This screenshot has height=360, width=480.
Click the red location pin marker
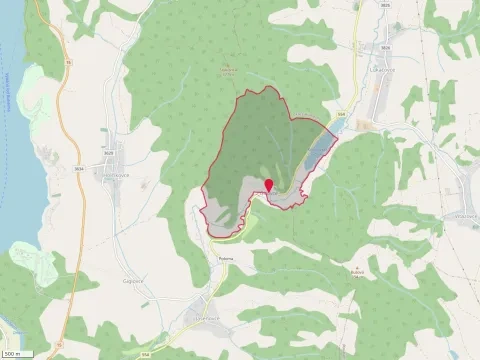point(268,185)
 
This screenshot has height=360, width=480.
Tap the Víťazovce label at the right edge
point(464,214)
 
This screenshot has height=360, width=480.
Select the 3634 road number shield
point(78,169)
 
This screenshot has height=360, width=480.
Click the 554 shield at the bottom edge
point(146,353)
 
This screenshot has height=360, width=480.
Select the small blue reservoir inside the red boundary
point(318,149)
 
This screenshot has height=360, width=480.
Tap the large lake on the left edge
point(12,150)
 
